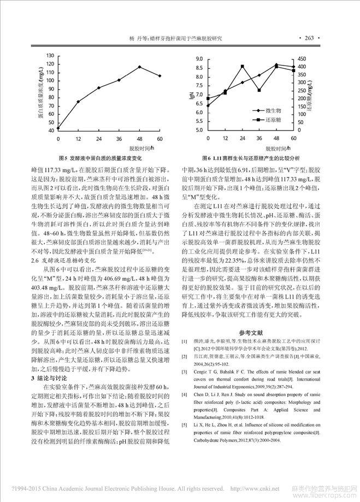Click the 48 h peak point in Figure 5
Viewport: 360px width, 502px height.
tap(139, 67)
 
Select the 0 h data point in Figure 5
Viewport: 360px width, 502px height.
tap(58, 128)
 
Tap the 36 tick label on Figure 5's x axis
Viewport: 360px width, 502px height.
tap(119, 138)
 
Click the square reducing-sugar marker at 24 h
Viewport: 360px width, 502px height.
tap(242, 67)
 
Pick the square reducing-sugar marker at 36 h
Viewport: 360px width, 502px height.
tap(259, 90)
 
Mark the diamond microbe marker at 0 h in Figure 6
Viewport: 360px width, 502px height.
tap(208, 105)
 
